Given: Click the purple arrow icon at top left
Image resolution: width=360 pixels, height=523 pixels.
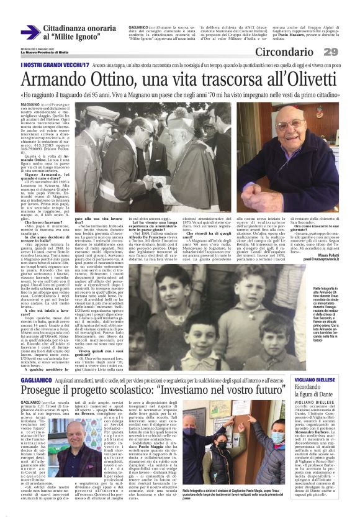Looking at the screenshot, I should tap(30, 31).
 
